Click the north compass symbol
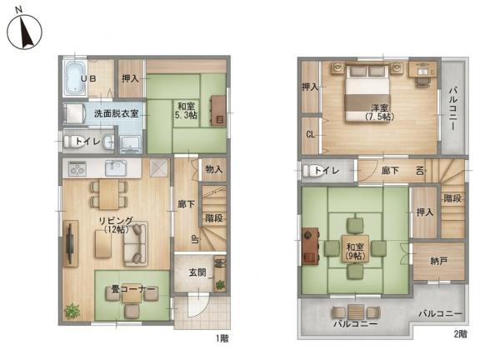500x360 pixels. click(x=24, y=31)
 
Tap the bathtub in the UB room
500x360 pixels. click(x=75, y=78)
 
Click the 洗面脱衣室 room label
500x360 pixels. click(x=116, y=113)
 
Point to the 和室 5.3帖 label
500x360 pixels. click(x=186, y=111)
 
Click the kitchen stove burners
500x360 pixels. click(x=77, y=167)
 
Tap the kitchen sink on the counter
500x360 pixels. click(x=116, y=167)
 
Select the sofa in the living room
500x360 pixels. click(x=136, y=243)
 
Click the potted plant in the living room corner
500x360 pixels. click(x=72, y=310)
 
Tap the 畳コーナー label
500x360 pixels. click(x=133, y=289)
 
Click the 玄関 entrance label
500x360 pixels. click(x=197, y=272)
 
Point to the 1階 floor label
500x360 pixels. click(x=222, y=337)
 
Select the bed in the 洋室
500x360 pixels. click(x=367, y=92)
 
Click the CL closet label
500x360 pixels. click(x=311, y=134)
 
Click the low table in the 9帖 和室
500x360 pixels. click(x=355, y=248)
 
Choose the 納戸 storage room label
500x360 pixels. click(x=438, y=262)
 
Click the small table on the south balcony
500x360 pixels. click(x=355, y=312)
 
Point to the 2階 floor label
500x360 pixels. click(x=461, y=334)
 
